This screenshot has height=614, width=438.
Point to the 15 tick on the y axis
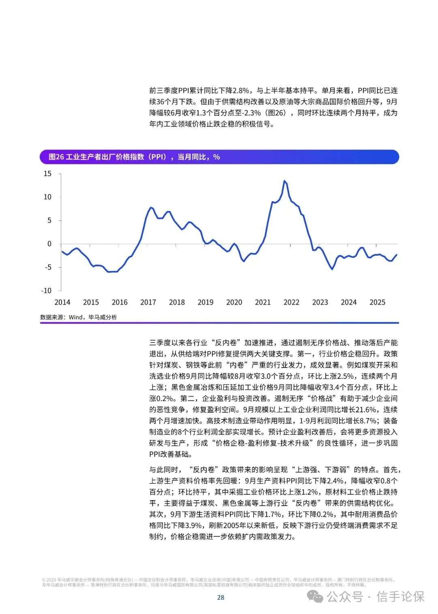tap(47, 174)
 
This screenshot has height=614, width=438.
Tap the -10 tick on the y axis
tap(47, 291)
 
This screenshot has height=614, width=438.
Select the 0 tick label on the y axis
tap(49, 244)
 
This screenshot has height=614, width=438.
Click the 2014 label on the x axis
tap(62, 302)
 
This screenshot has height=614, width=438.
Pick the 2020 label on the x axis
tap(234, 302)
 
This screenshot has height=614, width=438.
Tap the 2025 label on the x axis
tap(377, 302)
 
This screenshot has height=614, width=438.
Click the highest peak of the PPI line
tap(284, 181)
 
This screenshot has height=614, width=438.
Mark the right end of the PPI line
tap(396, 255)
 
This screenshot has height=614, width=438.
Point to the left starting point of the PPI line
tap(62, 252)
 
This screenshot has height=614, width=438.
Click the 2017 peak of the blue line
tap(151, 208)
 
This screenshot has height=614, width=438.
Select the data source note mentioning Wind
tap(78, 317)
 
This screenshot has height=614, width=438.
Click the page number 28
tap(221, 597)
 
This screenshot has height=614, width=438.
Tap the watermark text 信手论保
tap(400, 597)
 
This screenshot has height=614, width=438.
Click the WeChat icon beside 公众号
tap(315, 596)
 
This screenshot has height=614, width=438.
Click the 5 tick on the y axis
tap(49, 220)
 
